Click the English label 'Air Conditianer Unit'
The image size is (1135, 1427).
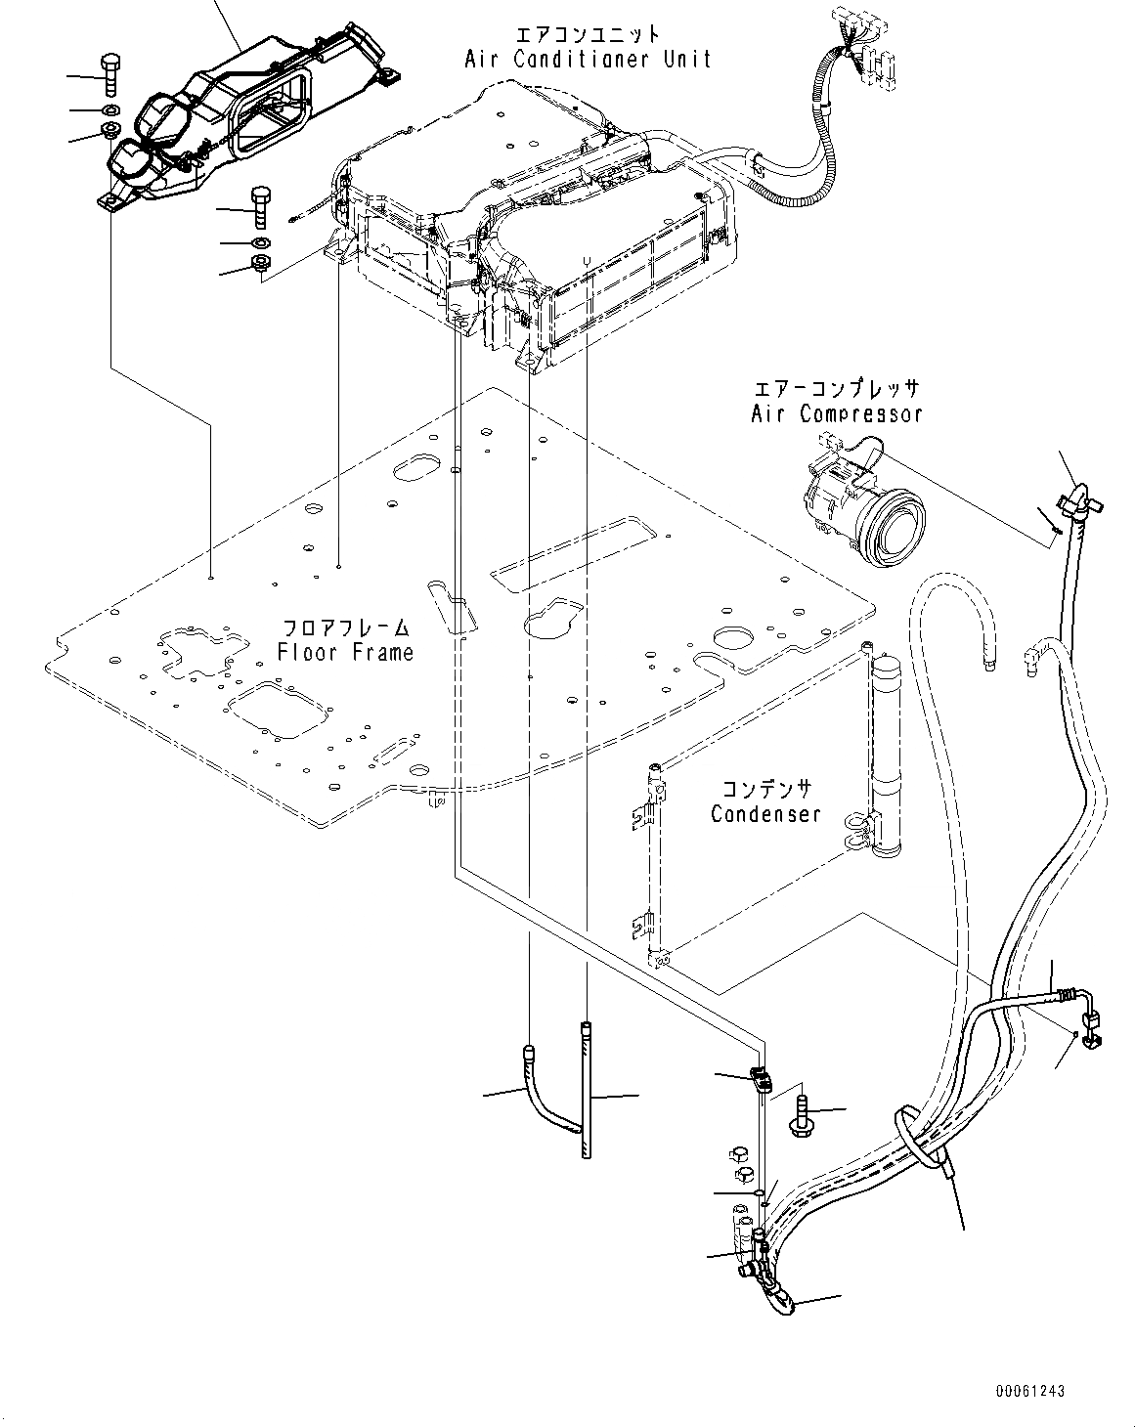(x=588, y=60)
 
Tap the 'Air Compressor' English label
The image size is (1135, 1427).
(x=836, y=413)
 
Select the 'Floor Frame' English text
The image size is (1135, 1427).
(x=345, y=652)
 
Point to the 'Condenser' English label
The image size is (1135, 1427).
(x=765, y=814)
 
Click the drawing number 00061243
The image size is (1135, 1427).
(x=1030, y=1391)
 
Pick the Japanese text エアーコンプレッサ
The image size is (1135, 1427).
(x=837, y=389)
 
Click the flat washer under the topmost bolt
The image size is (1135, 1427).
(x=109, y=108)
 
